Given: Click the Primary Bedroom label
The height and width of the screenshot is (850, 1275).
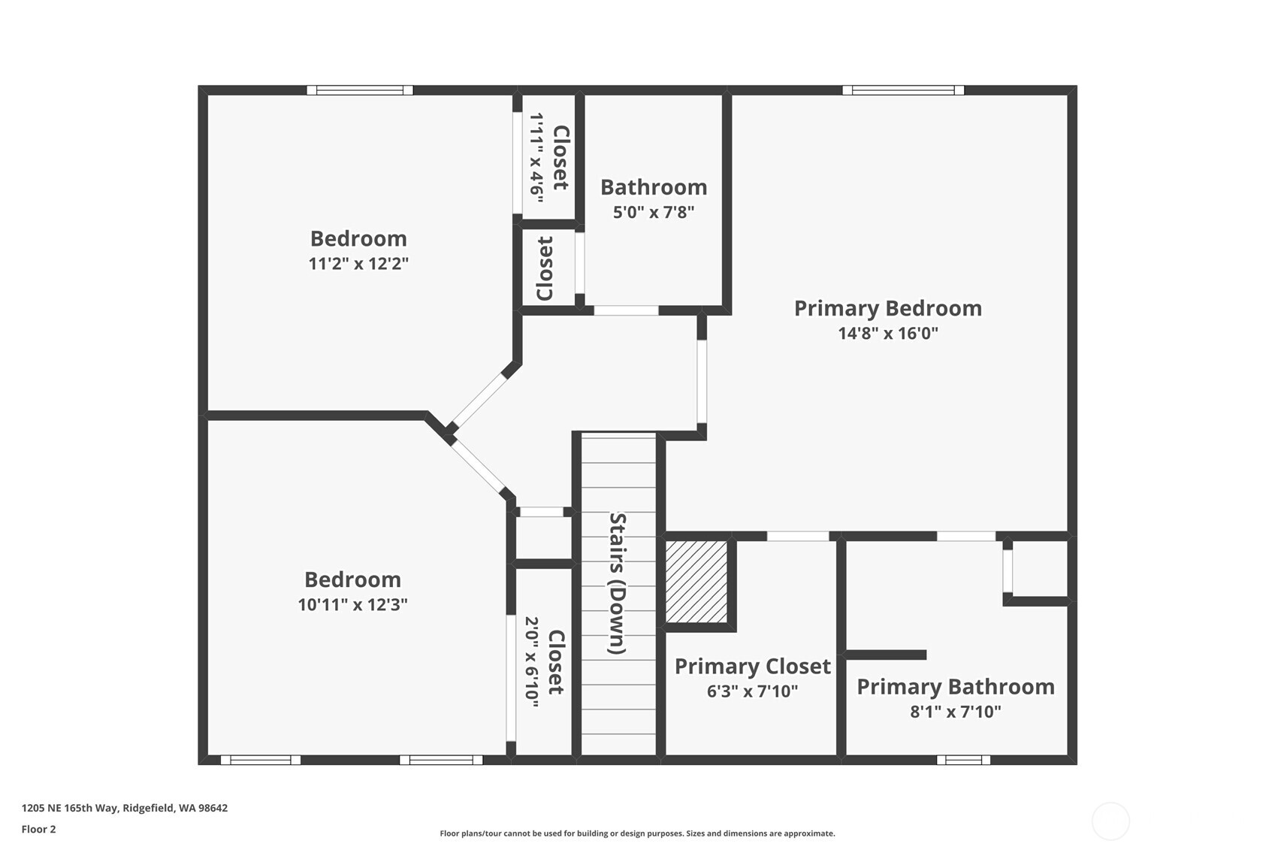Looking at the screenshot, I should pos(887,308).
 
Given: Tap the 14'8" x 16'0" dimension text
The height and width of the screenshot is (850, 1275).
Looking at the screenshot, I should pos(888,334).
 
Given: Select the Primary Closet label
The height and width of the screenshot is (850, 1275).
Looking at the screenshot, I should pos(752,667).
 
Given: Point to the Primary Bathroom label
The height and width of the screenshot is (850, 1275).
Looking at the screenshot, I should pos(956,687).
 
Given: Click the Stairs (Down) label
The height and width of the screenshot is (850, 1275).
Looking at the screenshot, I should pos(618,583).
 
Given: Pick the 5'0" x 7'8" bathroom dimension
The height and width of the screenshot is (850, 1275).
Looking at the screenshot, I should pos(653,213).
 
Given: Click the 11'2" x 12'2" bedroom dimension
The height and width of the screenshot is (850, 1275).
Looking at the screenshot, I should pos(358,264).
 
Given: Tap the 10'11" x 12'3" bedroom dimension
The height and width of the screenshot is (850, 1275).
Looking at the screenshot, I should pos(352,605).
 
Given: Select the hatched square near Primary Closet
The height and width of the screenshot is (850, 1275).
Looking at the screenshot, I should pos(696,582).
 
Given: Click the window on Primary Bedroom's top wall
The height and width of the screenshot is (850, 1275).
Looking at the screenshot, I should pos(903,90).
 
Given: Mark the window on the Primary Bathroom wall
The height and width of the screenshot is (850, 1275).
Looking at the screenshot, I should pos(963,760).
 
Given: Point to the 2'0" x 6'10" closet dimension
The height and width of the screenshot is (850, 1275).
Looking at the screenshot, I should pos(532,662).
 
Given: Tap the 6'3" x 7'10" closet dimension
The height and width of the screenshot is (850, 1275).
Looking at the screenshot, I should pos(752,691).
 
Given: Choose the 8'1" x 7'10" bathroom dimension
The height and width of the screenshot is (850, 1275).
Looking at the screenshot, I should pos(956,712).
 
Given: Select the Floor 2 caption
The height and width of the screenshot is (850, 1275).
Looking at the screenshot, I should pos(38,830).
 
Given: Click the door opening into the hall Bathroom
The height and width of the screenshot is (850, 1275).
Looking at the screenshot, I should pos(626,310).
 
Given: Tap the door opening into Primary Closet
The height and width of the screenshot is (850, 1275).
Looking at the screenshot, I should pos(798,536).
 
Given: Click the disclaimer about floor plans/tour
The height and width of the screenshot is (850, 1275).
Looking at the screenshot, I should pos(637,833).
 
